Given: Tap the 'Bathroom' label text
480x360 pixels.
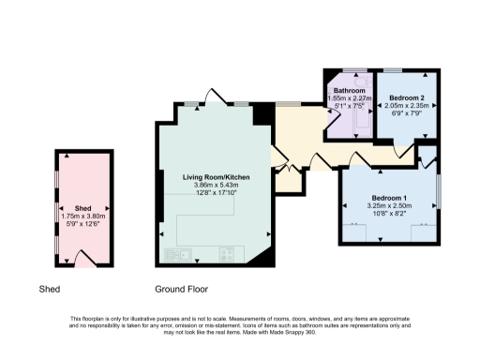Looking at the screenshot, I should [x=350, y=89].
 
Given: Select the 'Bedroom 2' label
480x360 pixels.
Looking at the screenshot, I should [x=407, y=97].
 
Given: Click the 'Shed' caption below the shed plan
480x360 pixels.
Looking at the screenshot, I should [x=50, y=290].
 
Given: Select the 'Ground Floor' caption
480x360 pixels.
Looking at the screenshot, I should [x=182, y=290].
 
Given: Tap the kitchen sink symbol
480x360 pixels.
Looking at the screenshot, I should [x=177, y=253].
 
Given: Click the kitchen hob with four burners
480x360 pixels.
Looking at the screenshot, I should [x=226, y=253].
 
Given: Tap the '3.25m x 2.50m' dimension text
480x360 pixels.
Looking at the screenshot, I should [x=388, y=208].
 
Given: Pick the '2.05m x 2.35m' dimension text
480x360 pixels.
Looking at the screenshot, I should [x=407, y=106].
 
